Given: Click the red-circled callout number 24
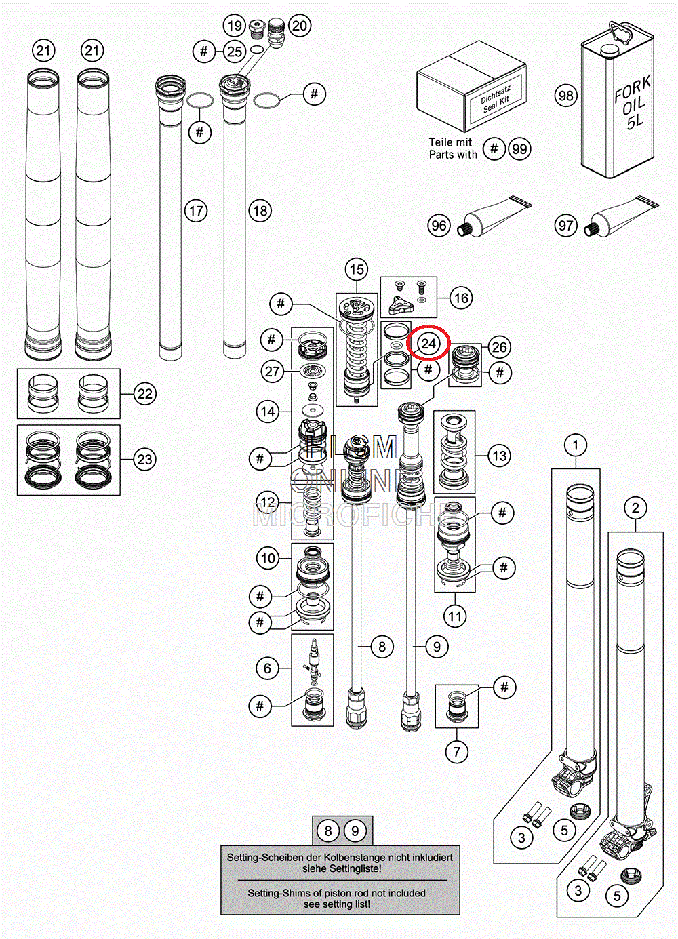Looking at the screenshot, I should click(x=428, y=344).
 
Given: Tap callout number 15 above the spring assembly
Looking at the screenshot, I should click(x=357, y=270).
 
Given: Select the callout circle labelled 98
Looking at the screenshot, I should click(x=565, y=96).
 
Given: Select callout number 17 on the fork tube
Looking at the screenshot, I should click(x=196, y=211).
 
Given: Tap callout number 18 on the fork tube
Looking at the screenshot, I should click(x=260, y=211).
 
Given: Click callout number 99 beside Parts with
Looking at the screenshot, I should click(x=519, y=149).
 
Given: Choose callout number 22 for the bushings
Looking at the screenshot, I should click(x=145, y=394).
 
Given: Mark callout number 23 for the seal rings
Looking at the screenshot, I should click(x=145, y=460).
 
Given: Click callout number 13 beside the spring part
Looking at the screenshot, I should click(x=500, y=456).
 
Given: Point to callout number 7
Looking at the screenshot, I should click(x=456, y=751).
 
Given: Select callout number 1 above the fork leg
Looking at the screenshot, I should click(x=576, y=445).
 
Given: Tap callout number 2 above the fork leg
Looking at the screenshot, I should click(x=635, y=508).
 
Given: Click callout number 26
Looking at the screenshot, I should click(x=499, y=347).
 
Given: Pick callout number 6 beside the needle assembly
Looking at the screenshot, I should click(x=267, y=669).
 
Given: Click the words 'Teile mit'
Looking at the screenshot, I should click(x=450, y=142).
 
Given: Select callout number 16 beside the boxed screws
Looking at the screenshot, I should click(x=461, y=298).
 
